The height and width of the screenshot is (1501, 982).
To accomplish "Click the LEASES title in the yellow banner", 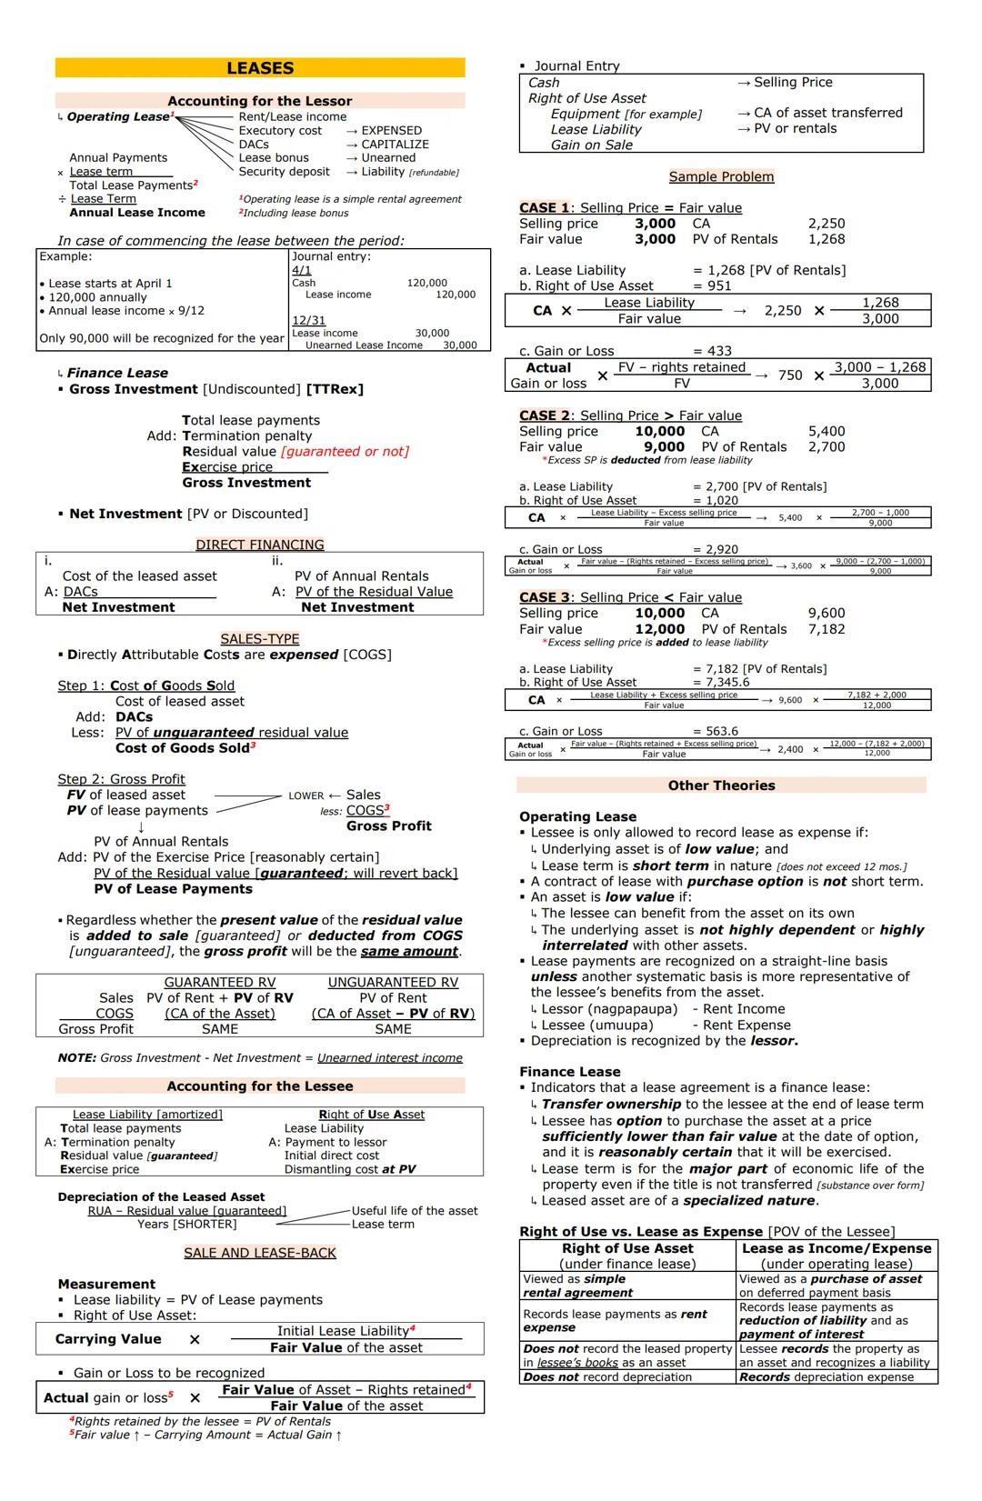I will click(x=260, y=68).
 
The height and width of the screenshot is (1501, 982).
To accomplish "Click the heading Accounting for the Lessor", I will click(x=259, y=101).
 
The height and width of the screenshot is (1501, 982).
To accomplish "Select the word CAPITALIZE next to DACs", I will click(x=395, y=144).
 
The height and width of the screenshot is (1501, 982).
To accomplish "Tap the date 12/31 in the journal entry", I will click(x=308, y=321).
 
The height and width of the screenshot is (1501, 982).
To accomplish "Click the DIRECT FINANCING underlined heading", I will click(x=260, y=545).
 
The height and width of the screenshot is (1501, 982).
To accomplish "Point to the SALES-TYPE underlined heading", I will click(x=260, y=639).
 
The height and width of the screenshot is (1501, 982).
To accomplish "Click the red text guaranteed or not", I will click(x=345, y=452).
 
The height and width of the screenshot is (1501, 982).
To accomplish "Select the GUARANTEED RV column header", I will click(x=219, y=983).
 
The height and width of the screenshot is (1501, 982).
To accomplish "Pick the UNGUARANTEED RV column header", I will click(x=393, y=983).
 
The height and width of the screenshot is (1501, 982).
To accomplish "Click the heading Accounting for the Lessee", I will click(x=259, y=1086).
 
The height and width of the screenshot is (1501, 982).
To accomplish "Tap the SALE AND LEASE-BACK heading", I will click(x=260, y=1253).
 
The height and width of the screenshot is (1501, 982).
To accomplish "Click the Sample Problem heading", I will click(x=721, y=176).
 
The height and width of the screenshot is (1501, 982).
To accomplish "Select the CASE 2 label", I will click(x=544, y=415).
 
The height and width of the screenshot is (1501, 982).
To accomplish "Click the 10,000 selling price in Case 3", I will click(x=660, y=614).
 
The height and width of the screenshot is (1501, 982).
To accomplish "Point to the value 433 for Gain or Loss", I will click(x=718, y=351).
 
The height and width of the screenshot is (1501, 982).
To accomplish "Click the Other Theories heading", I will click(x=721, y=786).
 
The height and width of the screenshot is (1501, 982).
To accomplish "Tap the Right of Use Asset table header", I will click(x=627, y=1249).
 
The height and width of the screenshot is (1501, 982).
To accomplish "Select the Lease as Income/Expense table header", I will click(x=837, y=1249).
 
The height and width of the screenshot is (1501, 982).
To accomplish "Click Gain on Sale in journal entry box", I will click(x=591, y=145).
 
